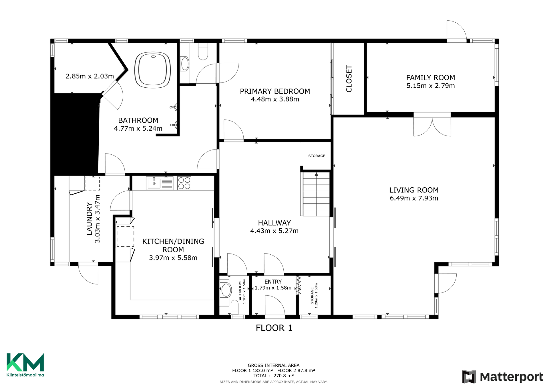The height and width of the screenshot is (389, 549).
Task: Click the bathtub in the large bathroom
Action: [x=153, y=70]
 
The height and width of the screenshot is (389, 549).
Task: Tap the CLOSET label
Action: [x=349, y=78]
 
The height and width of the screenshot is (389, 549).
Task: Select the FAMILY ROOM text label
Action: [x=431, y=78]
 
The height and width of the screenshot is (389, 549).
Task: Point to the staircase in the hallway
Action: [x=316, y=194]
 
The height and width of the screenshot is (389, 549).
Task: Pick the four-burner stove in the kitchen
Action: [x=184, y=183]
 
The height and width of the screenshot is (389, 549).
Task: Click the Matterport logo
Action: [x=502, y=377]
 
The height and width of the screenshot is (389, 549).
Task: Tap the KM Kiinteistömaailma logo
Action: [x=25, y=365]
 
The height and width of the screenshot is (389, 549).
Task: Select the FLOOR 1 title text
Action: [x=274, y=328]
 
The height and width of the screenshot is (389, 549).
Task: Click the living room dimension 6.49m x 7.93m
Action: [x=414, y=198]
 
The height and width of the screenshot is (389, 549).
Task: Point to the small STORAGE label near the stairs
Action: [x=317, y=156]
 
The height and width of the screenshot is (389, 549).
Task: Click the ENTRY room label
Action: [x=273, y=282]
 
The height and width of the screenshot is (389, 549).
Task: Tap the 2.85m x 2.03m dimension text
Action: [x=90, y=76]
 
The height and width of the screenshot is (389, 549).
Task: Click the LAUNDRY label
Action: [x=89, y=219]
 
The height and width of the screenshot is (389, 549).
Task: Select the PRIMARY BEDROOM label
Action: [x=275, y=91]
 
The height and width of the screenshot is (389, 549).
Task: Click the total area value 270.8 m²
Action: [x=283, y=376]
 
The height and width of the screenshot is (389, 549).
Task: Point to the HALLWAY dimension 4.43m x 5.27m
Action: [x=274, y=231]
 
